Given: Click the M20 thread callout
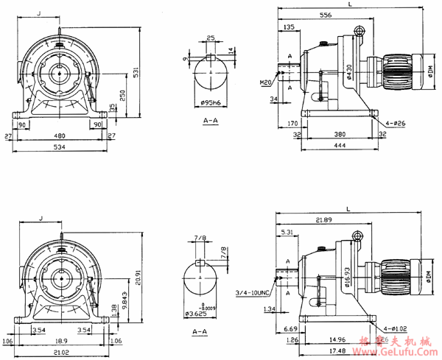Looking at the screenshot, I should pyautogui.click(x=266, y=82).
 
